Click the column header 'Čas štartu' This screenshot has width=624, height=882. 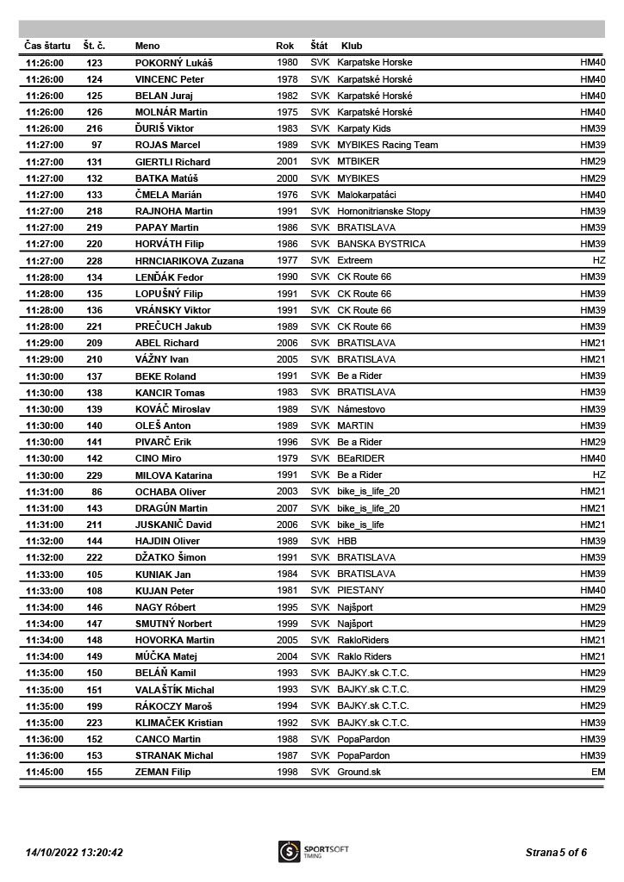pos(47,46)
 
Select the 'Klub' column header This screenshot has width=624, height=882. pos(352,46)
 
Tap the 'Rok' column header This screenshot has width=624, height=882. pos(284,46)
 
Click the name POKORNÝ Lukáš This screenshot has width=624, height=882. pos(173,63)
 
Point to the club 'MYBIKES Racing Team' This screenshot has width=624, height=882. pos(387,146)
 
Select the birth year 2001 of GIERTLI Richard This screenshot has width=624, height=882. pos(287,162)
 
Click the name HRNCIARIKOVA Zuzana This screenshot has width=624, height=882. pos(189,261)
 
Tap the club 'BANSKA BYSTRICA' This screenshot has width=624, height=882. pos(381,245)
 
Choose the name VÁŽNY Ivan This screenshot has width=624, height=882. pos(162,360)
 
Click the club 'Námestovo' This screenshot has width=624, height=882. pos(361,409)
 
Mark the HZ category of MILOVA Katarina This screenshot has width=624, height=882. pos(599,475)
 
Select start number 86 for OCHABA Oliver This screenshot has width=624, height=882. pos(97,492)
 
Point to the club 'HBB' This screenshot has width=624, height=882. pos(346,541)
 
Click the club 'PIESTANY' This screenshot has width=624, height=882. pos(360,591)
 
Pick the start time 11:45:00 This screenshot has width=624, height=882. pos(45,773)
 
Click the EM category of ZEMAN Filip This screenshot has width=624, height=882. pos(598,773)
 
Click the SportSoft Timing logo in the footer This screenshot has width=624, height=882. pos(302,852)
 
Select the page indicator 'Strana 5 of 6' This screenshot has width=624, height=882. pos(556,853)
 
